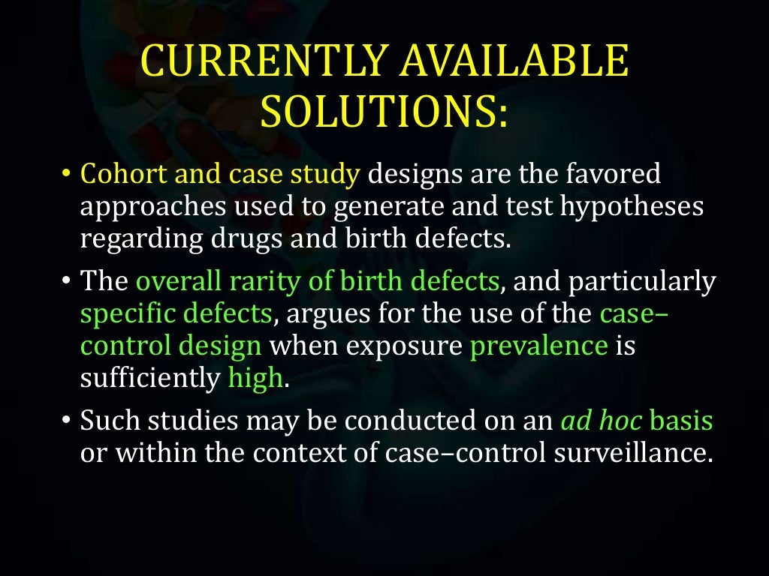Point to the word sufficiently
click(149, 379)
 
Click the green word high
click(255, 379)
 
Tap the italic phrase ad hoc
click(602, 421)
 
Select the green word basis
click(681, 421)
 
